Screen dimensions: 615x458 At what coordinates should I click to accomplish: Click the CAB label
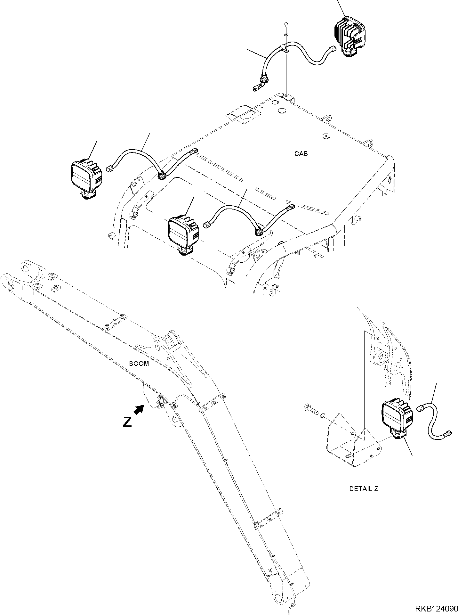tap(301, 154)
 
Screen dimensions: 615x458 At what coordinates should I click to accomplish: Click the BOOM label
tap(139, 364)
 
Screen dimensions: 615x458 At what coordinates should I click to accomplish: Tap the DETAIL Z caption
tap(364, 498)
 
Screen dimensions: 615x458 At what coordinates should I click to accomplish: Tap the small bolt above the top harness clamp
tap(286, 25)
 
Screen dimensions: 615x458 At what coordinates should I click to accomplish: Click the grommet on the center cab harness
tap(259, 231)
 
